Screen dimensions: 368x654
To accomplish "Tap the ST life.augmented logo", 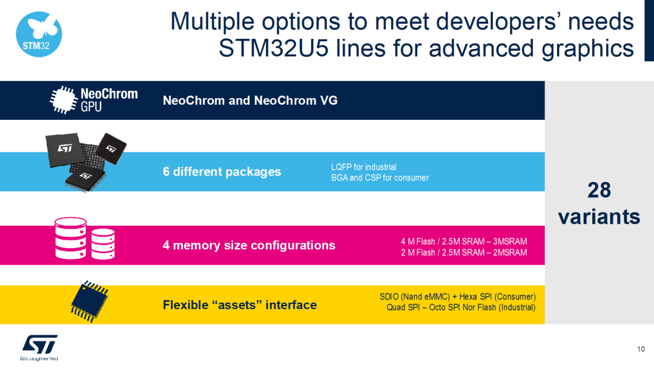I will click(40, 347).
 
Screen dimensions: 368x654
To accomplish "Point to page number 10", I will click(641, 349).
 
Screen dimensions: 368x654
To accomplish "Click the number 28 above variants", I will click(599, 191).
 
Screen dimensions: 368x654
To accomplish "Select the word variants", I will click(599, 216).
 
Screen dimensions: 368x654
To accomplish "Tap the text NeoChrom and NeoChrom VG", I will click(250, 100).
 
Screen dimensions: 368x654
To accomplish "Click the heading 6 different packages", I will click(222, 172).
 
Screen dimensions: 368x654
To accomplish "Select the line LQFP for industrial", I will click(363, 167).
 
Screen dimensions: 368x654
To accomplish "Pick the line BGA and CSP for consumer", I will click(380, 178).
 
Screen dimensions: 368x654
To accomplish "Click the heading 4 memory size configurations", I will click(248, 245).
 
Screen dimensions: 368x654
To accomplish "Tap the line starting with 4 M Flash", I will click(463, 241).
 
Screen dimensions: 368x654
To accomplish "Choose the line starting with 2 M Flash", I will click(463, 252).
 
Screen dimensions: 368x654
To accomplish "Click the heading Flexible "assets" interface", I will click(239, 305).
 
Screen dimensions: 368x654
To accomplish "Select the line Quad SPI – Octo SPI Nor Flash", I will click(460, 307).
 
